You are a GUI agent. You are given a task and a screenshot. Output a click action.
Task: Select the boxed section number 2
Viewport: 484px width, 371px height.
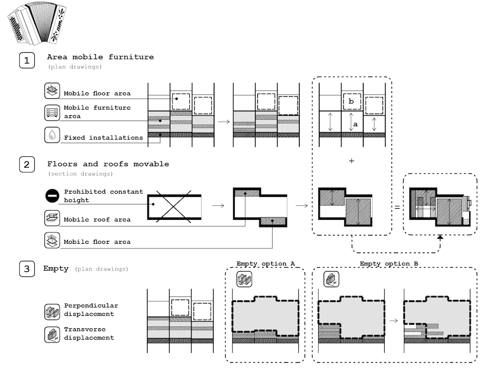(27, 165)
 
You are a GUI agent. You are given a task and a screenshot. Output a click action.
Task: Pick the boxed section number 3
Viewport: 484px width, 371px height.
(27, 269)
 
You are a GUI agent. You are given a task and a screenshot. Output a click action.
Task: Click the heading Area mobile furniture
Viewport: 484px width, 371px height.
(100, 57)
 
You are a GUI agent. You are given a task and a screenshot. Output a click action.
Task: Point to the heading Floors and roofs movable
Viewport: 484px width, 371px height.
(108, 164)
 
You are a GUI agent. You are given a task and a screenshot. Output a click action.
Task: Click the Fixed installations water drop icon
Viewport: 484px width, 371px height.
(52, 135)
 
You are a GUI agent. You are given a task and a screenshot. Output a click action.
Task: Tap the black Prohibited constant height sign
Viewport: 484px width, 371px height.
(52, 195)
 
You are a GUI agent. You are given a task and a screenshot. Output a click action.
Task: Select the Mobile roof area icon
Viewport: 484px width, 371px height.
(52, 218)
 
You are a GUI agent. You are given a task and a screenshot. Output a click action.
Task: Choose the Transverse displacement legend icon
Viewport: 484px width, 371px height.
(51, 333)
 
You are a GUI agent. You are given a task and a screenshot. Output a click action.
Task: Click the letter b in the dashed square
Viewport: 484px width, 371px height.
(352, 102)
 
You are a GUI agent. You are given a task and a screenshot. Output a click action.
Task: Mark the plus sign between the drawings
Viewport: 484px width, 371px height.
(352, 161)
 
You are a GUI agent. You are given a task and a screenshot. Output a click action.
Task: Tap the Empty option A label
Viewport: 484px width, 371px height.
(265, 263)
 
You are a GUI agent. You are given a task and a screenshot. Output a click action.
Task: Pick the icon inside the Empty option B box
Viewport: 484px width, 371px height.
(331, 279)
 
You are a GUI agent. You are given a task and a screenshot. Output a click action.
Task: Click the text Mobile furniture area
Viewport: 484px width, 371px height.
(97, 112)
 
